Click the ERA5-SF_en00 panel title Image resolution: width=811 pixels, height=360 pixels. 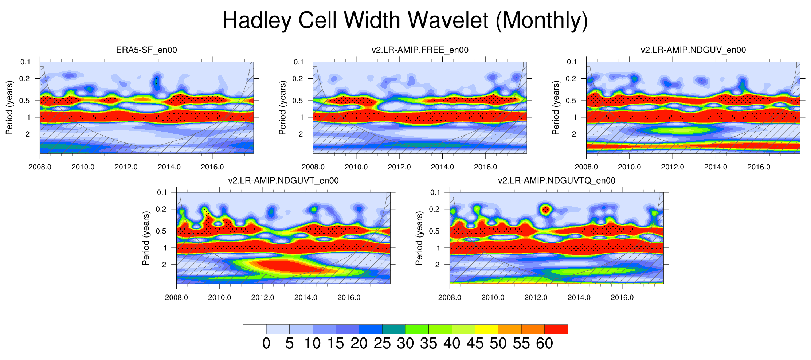[x=146, y=50]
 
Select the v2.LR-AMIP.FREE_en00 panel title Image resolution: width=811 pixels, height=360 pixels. [x=420, y=50]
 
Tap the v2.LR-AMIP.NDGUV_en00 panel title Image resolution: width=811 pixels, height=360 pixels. [x=693, y=50]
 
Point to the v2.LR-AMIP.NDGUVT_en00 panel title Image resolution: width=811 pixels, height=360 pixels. [x=283, y=180]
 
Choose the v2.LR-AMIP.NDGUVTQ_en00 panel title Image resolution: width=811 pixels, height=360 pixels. [x=556, y=180]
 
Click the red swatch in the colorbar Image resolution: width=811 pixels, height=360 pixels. [x=556, y=329]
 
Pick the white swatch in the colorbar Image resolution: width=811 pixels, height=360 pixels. [x=255, y=329]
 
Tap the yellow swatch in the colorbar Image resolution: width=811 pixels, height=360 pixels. [x=486, y=329]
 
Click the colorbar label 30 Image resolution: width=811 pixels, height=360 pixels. [x=405, y=344]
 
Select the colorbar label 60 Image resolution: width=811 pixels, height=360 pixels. [x=544, y=344]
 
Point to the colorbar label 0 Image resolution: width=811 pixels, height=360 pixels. [x=266, y=344]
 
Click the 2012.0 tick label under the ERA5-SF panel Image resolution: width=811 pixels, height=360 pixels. [x=126, y=167]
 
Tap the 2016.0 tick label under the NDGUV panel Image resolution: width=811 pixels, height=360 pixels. [x=759, y=167]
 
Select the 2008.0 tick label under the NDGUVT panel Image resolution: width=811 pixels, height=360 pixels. [x=176, y=298]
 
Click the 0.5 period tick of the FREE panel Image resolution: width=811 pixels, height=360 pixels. [x=298, y=101]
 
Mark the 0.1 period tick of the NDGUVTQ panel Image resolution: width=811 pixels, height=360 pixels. [x=435, y=192]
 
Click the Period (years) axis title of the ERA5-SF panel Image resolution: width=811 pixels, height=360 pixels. [x=9, y=108]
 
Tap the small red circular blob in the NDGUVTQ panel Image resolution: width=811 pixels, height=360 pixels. [x=545, y=210]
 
